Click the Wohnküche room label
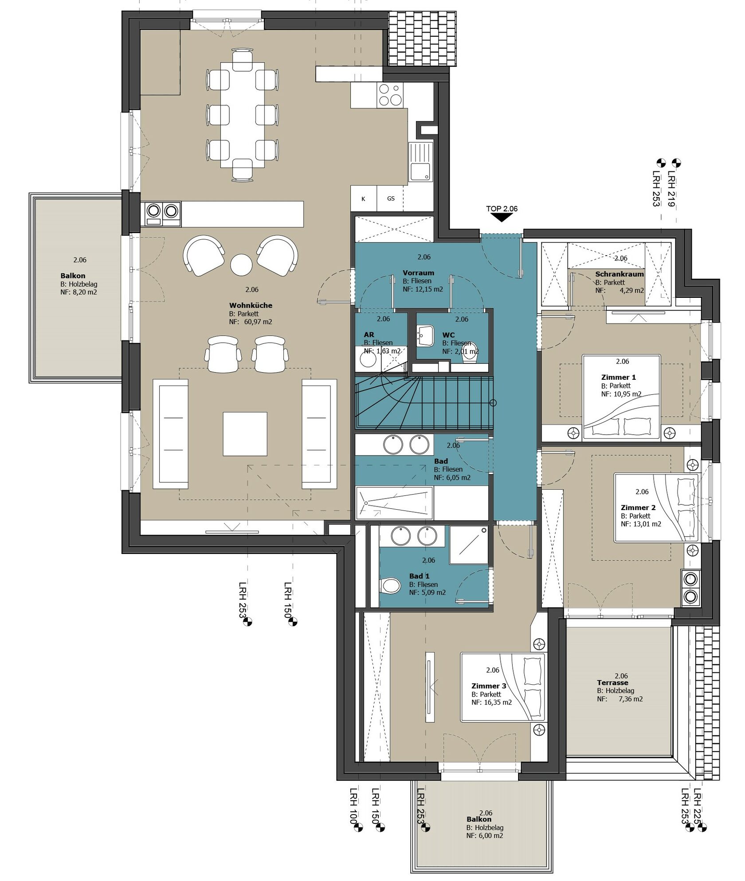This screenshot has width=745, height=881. [251, 305]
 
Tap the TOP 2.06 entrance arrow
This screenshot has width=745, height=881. [502, 218]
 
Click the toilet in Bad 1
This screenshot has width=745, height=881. [390, 586]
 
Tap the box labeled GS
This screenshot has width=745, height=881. [390, 199]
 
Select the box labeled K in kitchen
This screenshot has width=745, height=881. [364, 199]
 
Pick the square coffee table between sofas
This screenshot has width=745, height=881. [245, 434]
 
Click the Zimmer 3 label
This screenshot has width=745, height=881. [489, 686]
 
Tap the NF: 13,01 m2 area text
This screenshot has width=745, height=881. [641, 524]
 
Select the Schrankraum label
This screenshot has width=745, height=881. [620, 274]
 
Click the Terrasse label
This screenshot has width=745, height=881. [612, 682]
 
